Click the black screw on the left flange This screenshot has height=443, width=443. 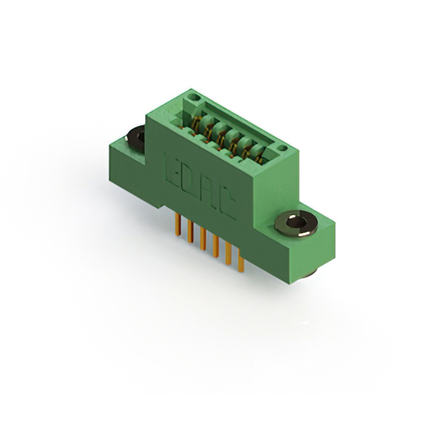coord(136,140)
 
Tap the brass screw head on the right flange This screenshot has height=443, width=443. coord(296,224)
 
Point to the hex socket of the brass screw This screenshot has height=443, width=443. coord(296,222)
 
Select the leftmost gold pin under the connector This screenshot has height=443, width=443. coord(178,224)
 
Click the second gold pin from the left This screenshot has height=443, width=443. coord(190,231)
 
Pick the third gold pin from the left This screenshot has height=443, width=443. coord(203,239)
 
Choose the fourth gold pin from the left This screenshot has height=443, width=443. coord(215,246)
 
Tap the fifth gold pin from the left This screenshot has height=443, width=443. coord(228,253)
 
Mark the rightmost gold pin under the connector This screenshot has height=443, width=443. coord(241,260)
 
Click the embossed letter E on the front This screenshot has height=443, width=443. coord(172,169)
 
